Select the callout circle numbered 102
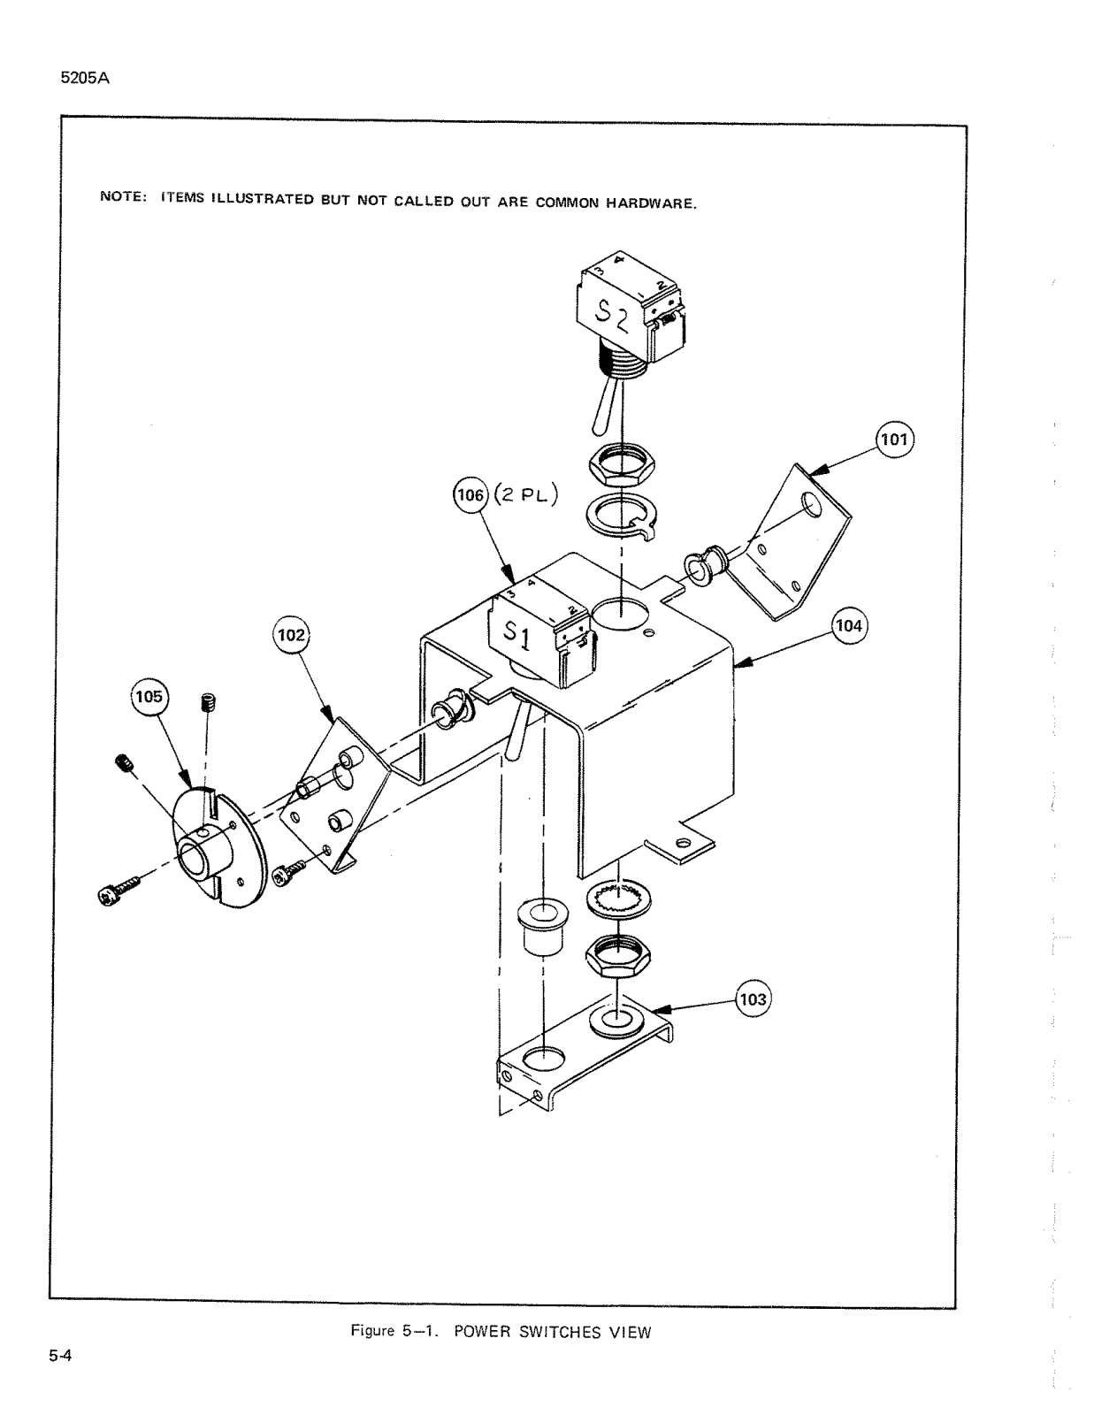coord(292,635)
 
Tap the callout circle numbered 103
coord(754,1000)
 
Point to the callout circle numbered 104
coord(849,625)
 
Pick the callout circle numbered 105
coord(149,697)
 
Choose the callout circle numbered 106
coord(469,496)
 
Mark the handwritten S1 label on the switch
coord(518,633)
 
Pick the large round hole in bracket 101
coord(811,508)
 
